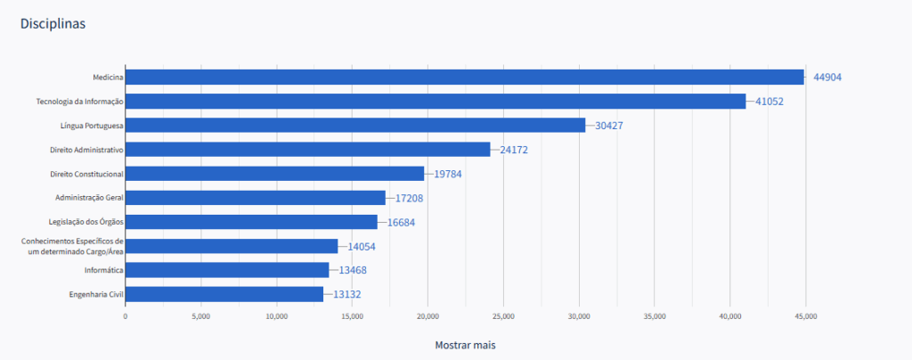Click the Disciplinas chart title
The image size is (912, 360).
coord(53,24)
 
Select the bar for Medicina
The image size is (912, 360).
coord(463,78)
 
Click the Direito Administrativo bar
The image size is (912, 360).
coord(307,150)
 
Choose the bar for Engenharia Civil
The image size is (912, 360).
coord(224,294)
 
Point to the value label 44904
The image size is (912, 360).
coord(826,78)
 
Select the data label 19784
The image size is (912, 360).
coord(447,174)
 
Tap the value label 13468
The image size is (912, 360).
coord(352,270)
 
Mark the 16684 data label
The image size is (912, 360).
coord(402,222)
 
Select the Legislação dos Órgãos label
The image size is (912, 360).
coord(85,222)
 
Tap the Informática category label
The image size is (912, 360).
coord(102,270)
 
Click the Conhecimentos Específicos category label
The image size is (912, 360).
coord(72,246)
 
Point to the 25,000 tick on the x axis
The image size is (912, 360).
coord(503,315)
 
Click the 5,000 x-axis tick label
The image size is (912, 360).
coord(200,315)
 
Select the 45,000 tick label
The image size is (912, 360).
coord(806,315)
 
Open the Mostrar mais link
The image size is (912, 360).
coord(465,344)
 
